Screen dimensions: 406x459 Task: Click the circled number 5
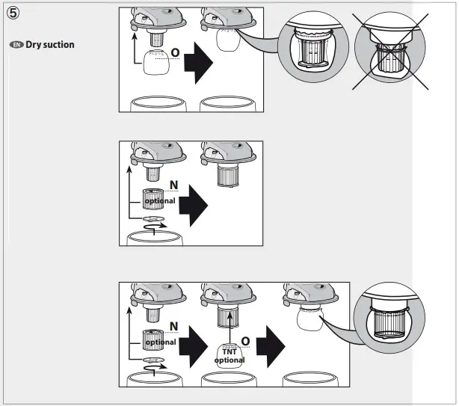click(14, 15)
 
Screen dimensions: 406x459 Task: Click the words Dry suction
click(50, 45)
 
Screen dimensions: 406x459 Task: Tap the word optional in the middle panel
click(160, 201)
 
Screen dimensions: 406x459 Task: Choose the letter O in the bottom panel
click(244, 341)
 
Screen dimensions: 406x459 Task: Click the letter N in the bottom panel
click(173, 325)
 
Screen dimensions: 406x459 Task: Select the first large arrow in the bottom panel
click(195, 343)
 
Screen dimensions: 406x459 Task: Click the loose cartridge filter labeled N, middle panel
click(153, 200)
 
